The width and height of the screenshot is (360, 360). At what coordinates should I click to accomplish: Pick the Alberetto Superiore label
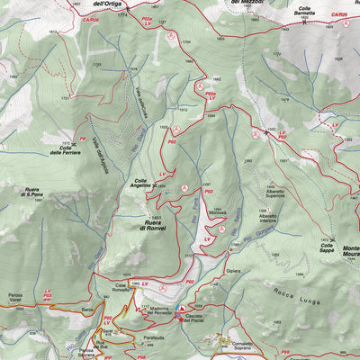274,193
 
